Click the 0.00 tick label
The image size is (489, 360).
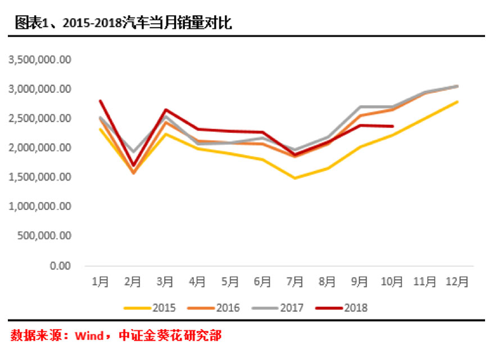(61, 265)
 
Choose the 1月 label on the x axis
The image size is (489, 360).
(100, 281)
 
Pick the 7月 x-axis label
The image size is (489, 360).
(295, 281)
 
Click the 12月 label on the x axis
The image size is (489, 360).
(456, 281)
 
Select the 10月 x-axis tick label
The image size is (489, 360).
(392, 281)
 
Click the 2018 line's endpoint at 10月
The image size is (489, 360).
(392, 127)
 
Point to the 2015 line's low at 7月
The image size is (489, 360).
(295, 178)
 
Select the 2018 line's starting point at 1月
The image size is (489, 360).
(100, 101)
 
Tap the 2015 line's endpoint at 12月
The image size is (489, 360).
(457, 102)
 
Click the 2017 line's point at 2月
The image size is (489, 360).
(133, 152)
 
